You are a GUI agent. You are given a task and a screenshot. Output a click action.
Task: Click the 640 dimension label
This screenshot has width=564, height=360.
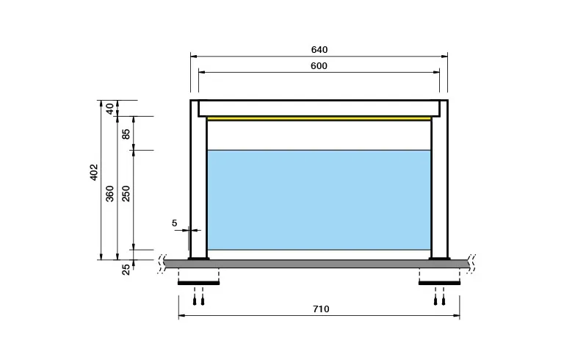pyautogui.click(x=319, y=50)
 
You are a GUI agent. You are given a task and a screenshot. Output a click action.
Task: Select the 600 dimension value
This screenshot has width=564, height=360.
pyautogui.click(x=319, y=66)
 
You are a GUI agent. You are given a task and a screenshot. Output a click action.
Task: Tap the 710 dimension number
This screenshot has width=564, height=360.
pyautogui.click(x=321, y=309)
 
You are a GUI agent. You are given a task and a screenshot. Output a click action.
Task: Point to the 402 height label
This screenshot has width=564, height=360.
pyautogui.click(x=93, y=172)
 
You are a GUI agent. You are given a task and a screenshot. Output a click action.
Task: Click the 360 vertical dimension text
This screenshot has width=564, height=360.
pyautogui.click(x=109, y=193)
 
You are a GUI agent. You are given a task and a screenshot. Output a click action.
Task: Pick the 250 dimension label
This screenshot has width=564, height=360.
pyautogui.click(x=126, y=193)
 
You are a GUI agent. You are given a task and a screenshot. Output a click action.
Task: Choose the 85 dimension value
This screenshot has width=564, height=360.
pyautogui.click(x=126, y=134)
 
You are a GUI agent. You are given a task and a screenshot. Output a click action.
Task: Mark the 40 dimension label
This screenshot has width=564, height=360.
pyautogui.click(x=109, y=108)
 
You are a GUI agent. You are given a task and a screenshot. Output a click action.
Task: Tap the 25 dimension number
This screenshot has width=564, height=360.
pyautogui.click(x=126, y=270)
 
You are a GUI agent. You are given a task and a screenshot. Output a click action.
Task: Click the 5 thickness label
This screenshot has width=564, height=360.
pyautogui.click(x=175, y=223)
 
